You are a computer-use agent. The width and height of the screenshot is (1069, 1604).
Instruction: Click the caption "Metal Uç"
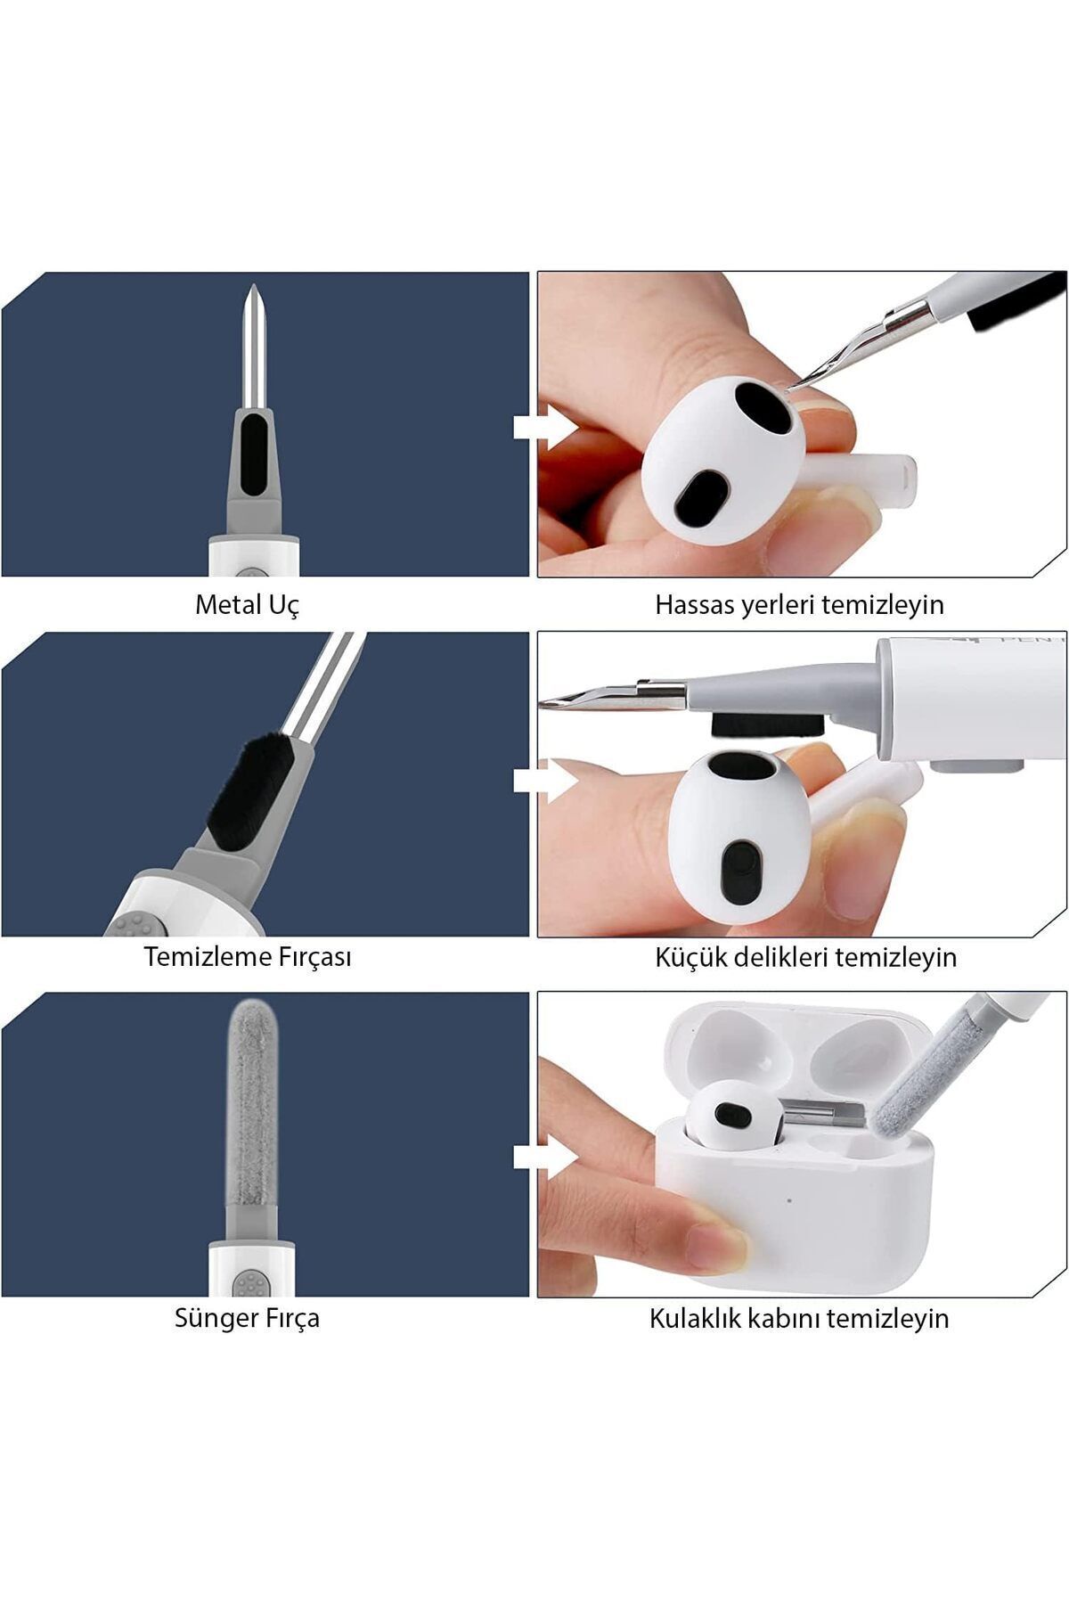(247, 605)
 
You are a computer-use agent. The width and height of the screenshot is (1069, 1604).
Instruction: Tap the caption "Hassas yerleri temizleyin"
(799, 605)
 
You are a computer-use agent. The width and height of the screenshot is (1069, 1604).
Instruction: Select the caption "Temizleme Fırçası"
(248, 958)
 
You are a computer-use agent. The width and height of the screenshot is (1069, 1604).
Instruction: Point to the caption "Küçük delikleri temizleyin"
(805, 958)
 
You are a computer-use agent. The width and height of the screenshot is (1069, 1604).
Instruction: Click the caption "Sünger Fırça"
(247, 1318)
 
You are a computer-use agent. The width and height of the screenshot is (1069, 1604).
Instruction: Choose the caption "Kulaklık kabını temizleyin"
(799, 1318)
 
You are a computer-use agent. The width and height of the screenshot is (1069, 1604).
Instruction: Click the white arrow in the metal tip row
(545, 427)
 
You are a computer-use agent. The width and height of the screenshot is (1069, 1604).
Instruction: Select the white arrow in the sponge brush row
(545, 1157)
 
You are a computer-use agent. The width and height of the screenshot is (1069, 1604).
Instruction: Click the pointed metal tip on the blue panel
(253, 348)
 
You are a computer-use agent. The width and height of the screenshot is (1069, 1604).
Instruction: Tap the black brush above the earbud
(767, 724)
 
